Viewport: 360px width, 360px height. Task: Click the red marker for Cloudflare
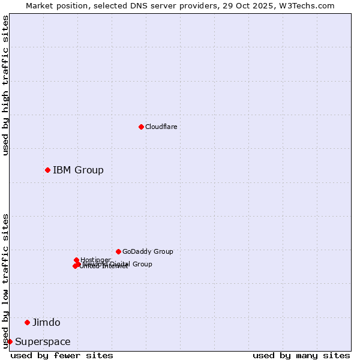tap(141, 127)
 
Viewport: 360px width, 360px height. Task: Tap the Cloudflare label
tap(161, 127)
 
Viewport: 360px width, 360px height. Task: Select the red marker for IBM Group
tap(47, 170)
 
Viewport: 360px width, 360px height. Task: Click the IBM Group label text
tap(78, 170)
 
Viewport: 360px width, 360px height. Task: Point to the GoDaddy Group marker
tap(118, 251)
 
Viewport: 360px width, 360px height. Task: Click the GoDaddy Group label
tap(148, 251)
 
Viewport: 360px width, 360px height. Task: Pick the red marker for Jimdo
tap(27, 322)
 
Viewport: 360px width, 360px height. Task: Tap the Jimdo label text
tap(46, 322)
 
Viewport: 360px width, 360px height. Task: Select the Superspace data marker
tap(10, 341)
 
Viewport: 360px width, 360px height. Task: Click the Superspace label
tap(43, 342)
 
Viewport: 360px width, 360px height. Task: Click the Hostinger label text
tap(95, 260)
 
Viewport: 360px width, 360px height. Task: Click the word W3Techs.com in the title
tap(310, 5)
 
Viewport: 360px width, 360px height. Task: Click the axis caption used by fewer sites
tap(62, 355)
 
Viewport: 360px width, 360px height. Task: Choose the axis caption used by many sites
tap(301, 355)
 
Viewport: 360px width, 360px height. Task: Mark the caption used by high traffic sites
tap(5, 85)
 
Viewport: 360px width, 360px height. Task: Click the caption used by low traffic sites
tap(5, 280)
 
